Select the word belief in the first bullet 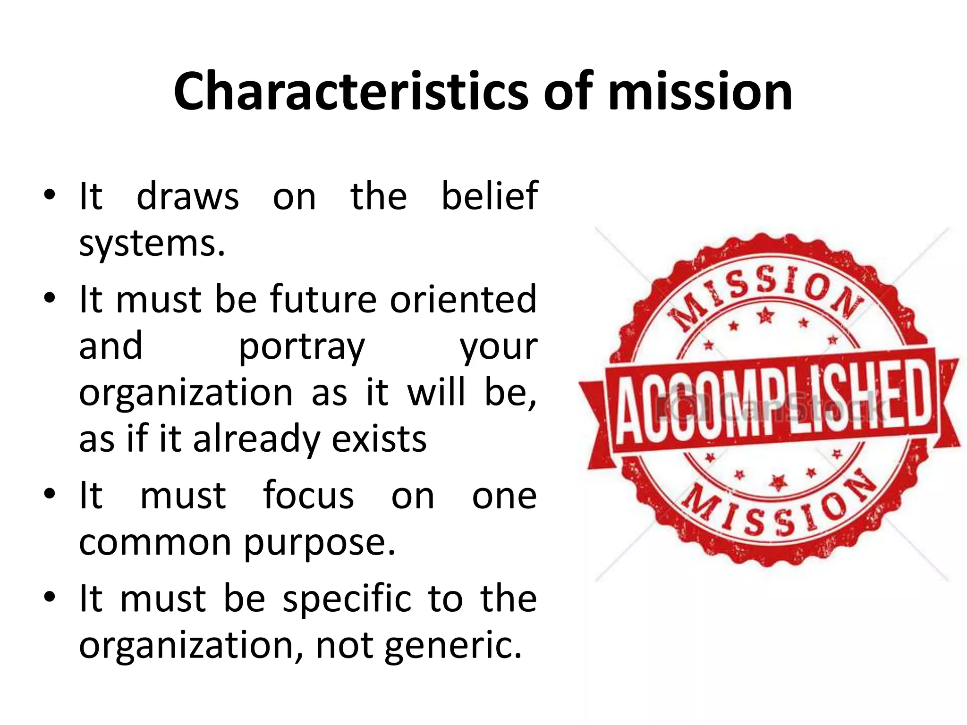tap(489, 196)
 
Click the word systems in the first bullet tap(151, 244)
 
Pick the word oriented tap(463, 299)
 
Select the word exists tap(379, 439)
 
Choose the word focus tap(308, 496)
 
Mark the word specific tap(348, 599)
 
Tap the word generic tap(453, 646)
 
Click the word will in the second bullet tap(436, 393)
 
